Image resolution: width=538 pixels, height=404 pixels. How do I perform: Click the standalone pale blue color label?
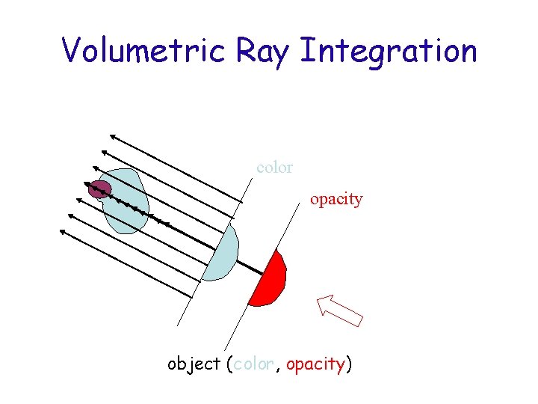click(274, 168)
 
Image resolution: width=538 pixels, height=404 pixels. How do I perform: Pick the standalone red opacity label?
click(336, 200)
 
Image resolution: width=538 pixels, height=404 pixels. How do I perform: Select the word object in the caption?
click(194, 365)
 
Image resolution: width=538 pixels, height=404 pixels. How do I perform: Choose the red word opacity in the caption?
click(315, 365)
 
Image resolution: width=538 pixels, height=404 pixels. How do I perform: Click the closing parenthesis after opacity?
click(349, 365)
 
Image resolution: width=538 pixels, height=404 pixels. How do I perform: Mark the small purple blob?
click(99, 189)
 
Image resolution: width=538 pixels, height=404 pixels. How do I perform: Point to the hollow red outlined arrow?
click(339, 310)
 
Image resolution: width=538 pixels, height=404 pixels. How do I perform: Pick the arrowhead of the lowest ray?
click(63, 231)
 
